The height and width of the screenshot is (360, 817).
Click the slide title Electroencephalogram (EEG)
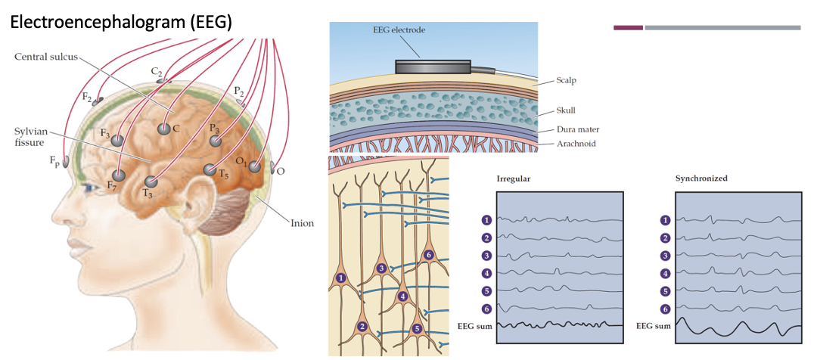(x=120, y=23)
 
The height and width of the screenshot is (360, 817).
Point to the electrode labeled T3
(x=151, y=182)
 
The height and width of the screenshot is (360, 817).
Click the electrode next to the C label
(x=163, y=129)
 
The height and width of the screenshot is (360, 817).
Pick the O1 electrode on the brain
(x=256, y=166)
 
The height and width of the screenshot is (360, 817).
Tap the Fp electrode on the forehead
(x=66, y=161)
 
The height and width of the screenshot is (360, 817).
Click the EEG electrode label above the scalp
(x=399, y=30)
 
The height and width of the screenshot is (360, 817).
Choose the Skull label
(x=566, y=110)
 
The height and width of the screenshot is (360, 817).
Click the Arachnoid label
(x=577, y=143)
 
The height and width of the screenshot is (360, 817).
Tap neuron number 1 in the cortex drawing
(x=341, y=278)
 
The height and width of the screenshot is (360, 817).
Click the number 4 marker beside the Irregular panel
(x=487, y=273)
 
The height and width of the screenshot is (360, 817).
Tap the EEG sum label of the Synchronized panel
(x=653, y=325)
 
